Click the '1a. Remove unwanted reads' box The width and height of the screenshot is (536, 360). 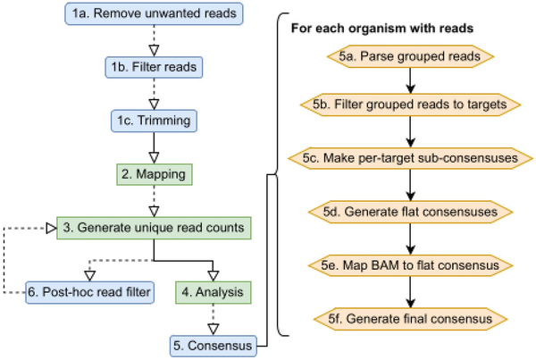tap(154, 13)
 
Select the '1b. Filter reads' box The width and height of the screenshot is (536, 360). tap(154, 67)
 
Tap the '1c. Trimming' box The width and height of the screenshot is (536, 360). tap(154, 121)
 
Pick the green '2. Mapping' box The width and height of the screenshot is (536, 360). tap(155, 174)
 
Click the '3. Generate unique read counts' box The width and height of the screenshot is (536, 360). tap(154, 228)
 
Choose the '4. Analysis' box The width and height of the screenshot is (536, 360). tap(214, 292)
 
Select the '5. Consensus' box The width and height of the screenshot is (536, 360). tap(214, 346)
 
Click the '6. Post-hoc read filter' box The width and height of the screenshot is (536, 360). tap(89, 292)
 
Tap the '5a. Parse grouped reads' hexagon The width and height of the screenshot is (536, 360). tap(410, 56)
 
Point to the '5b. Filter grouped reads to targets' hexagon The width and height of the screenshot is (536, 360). tap(410, 105)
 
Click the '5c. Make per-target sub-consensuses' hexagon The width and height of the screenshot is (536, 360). tap(410, 158)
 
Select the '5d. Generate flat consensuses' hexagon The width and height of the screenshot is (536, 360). tap(410, 212)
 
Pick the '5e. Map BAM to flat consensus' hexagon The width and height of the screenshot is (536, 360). tap(410, 265)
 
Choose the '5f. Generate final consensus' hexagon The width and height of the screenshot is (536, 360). tap(410, 319)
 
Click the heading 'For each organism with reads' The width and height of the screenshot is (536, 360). tap(382, 29)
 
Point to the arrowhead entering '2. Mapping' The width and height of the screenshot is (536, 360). tap(154, 158)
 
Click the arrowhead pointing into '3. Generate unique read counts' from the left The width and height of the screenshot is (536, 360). tap(51, 228)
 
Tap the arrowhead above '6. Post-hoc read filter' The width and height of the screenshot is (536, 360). tap(89, 276)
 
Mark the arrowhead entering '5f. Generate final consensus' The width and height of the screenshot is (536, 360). tap(411, 303)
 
